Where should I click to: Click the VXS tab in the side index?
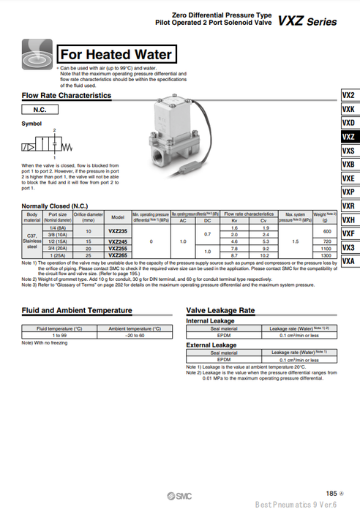pyautogui.click(x=348, y=151)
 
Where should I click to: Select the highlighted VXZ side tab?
pyautogui.click(x=348, y=137)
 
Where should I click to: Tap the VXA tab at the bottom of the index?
pyautogui.click(x=348, y=261)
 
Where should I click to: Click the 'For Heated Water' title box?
pyautogui.click(x=116, y=54)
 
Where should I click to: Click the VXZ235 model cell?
pyautogui.click(x=117, y=231)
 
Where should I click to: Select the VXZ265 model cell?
pyautogui.click(x=117, y=255)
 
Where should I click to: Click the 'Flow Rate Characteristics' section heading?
pyautogui.click(x=67, y=95)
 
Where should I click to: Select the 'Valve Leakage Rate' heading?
pyautogui.click(x=220, y=310)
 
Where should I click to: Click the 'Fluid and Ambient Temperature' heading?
pyautogui.click(x=77, y=310)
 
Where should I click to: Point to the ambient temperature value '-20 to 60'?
pyautogui.click(x=136, y=336)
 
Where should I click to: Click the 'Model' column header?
pyautogui.click(x=117, y=217)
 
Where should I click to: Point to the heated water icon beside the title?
pyautogui.click(x=37, y=53)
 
